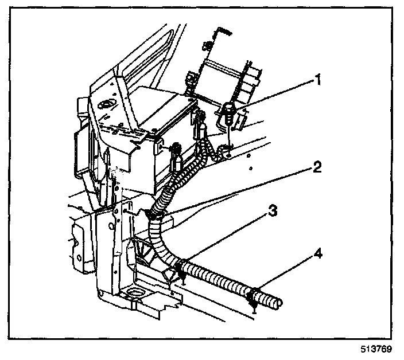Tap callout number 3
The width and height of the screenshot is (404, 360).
[273, 211]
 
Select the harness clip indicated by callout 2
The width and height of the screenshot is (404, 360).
[156, 215]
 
